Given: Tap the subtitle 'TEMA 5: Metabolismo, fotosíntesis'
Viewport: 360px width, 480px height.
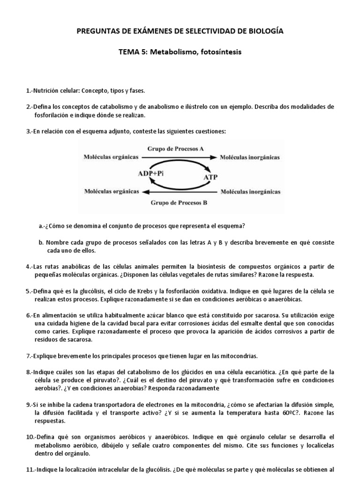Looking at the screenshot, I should (180, 52).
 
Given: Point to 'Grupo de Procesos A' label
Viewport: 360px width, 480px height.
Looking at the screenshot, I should (176, 149).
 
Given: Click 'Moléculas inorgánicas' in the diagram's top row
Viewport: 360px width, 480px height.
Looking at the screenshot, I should (250, 157).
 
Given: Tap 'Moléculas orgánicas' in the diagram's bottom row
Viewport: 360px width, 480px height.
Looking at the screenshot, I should (111, 191).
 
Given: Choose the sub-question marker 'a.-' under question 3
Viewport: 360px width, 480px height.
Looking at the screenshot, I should (43, 226).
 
